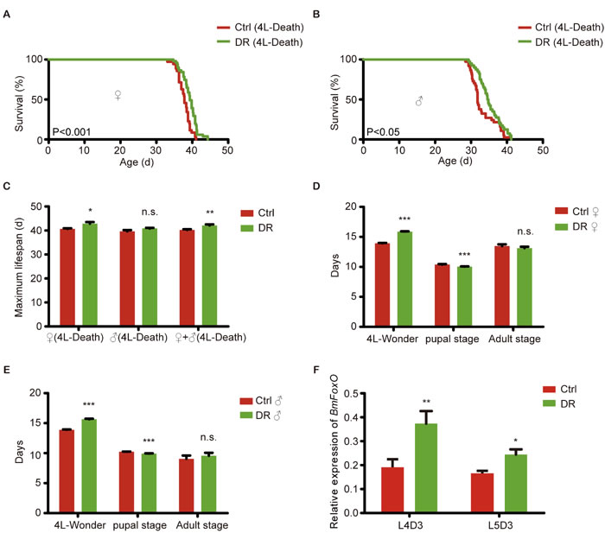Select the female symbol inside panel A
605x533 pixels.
118,96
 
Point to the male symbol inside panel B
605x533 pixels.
420,101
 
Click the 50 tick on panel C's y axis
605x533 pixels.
36,206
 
